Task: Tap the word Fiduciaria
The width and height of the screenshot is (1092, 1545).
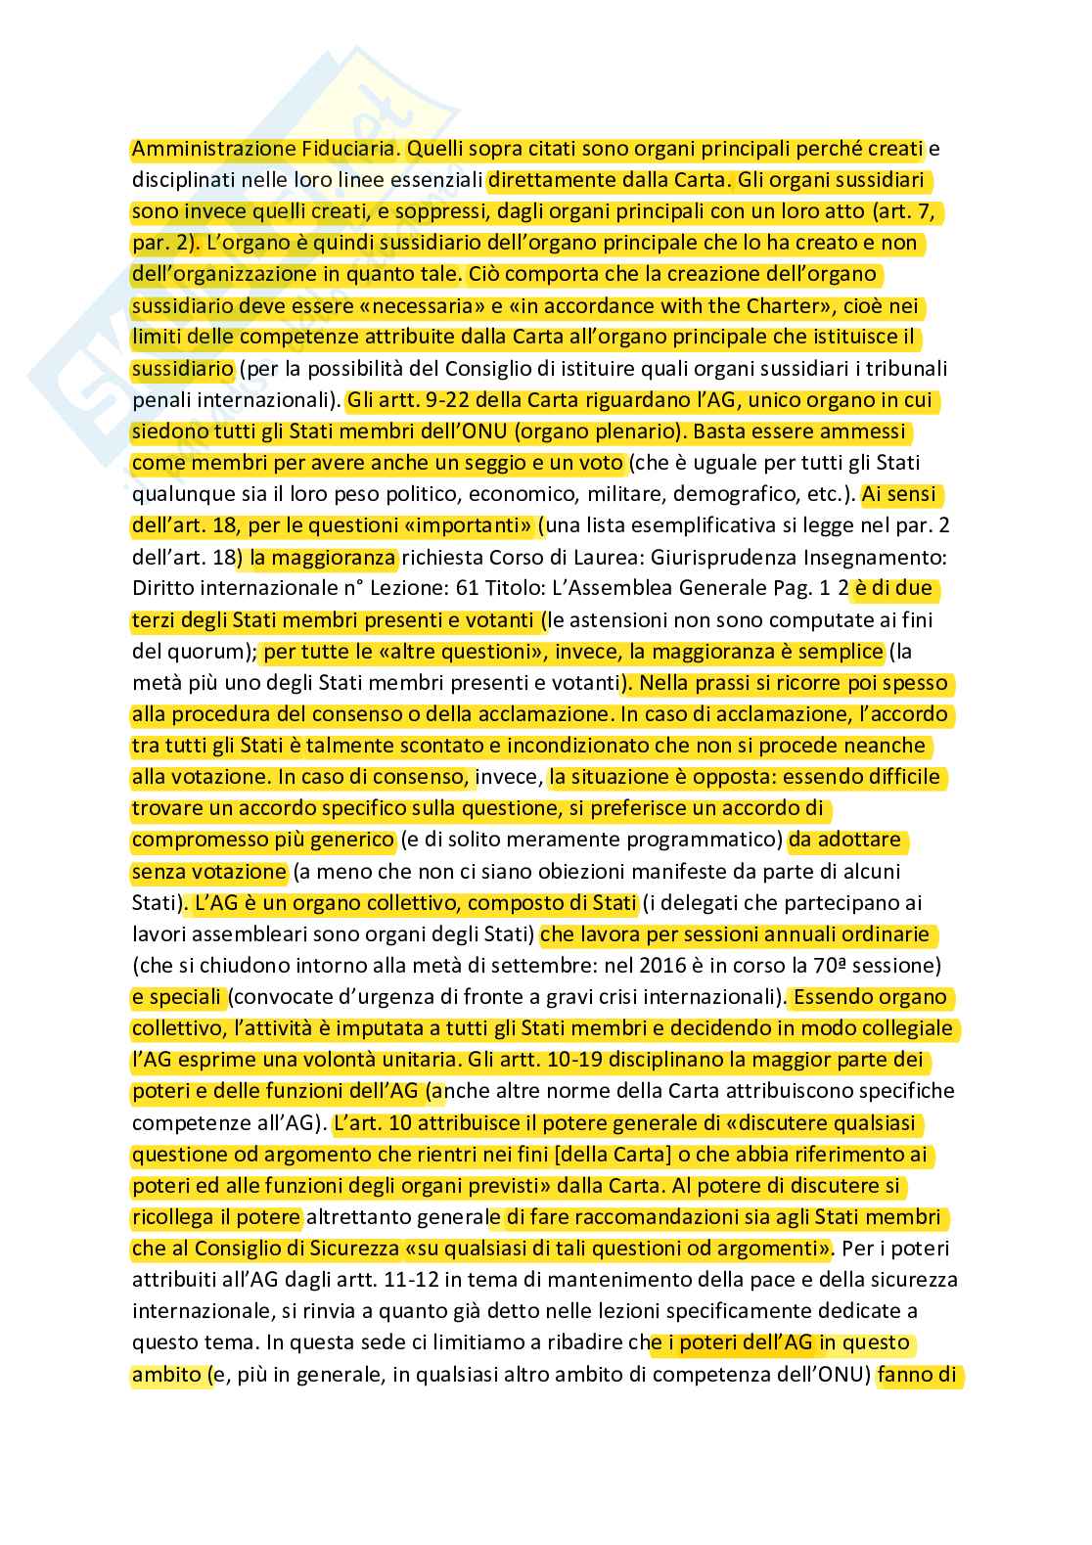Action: (349, 149)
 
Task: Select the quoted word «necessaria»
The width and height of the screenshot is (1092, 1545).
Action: (425, 305)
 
